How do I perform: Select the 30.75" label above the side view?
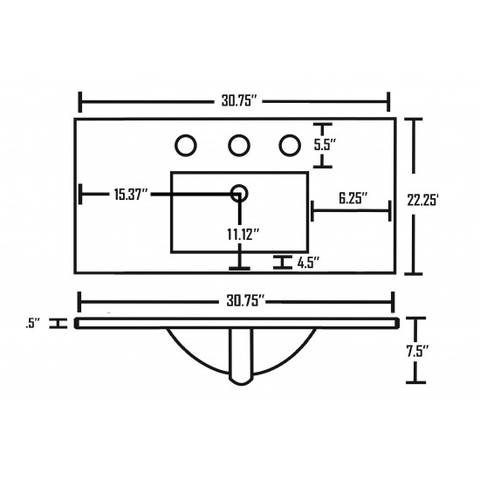point(245,301)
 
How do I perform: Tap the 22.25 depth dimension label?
point(423,200)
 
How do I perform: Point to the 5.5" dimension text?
point(325,145)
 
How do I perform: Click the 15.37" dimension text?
point(131,195)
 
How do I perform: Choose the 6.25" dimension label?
point(353,198)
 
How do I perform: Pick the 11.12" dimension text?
point(243,235)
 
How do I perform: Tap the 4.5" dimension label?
point(309,263)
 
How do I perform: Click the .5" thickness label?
point(33,324)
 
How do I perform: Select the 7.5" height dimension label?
point(417,351)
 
